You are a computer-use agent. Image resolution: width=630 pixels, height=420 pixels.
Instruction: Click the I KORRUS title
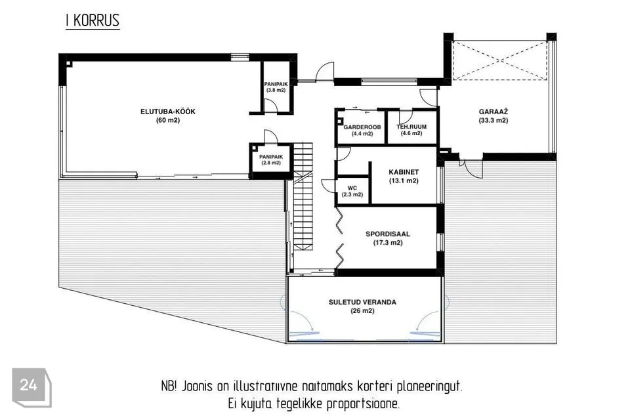coord(93,20)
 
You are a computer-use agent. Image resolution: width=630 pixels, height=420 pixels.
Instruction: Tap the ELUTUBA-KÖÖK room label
coord(168,112)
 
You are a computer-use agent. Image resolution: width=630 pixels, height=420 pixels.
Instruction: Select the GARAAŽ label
coord(493,112)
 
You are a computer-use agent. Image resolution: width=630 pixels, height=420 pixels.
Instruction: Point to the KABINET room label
coord(404,172)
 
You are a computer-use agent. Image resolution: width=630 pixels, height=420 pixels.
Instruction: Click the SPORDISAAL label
coord(388,234)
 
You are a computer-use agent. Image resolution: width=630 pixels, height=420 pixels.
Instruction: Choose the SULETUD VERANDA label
coord(362,302)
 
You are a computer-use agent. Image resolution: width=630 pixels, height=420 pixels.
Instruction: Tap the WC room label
coord(352,188)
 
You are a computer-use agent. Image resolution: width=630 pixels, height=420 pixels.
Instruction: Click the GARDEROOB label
coord(362,127)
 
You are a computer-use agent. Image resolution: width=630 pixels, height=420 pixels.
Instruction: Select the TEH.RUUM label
coord(411,127)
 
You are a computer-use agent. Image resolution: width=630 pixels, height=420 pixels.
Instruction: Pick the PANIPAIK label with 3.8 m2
coord(276,84)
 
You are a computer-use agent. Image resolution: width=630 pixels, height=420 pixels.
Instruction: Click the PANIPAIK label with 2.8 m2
coord(271,157)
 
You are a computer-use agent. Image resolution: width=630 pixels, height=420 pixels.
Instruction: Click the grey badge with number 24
coord(31,387)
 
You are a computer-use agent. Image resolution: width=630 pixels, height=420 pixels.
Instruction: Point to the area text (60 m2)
coord(168,120)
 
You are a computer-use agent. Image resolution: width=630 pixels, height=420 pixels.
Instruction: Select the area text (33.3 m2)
coord(493,121)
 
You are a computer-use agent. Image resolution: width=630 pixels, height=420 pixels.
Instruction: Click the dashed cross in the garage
coord(500,60)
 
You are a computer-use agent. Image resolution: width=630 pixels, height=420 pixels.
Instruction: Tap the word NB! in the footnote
coord(169,387)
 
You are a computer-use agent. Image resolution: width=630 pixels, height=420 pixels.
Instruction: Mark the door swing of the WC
coord(328,185)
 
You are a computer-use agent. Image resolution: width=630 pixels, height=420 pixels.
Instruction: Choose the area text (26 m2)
coord(362,311)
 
